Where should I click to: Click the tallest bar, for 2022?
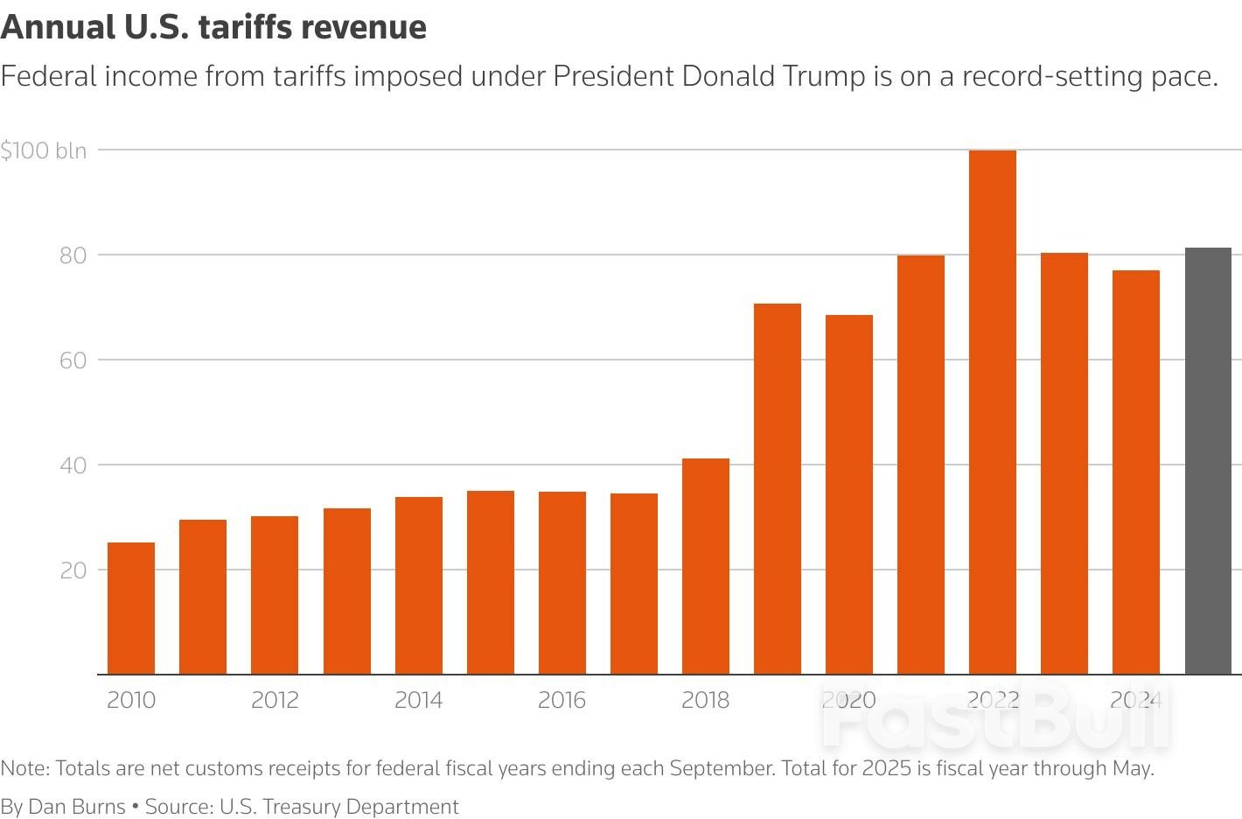coord(993,411)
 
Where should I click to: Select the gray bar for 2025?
coord(1208,461)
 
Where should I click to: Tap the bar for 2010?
coord(131,608)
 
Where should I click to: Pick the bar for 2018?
coord(706,566)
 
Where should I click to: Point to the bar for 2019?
coord(778,488)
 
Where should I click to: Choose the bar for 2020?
coord(849,494)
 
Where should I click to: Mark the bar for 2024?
coord(1136,472)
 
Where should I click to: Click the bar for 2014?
coord(419,585)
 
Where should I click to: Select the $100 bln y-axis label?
coord(44,150)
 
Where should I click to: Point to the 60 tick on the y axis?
coord(73,360)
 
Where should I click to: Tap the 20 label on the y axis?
coord(73,570)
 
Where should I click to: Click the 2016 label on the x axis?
coord(562,700)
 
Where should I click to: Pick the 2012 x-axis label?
coord(275,700)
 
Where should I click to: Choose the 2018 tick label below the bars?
coord(705,700)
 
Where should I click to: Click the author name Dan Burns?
coord(77,806)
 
